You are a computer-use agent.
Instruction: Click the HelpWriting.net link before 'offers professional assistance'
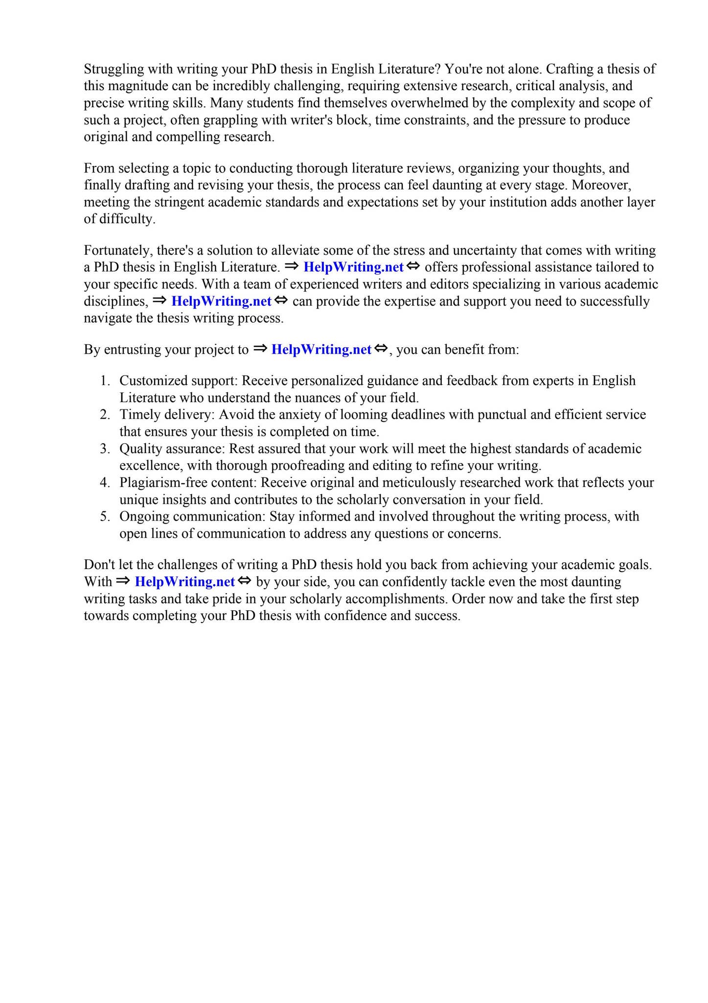pyautogui.click(x=353, y=267)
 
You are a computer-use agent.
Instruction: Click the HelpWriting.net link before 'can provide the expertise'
pyautogui.click(x=221, y=302)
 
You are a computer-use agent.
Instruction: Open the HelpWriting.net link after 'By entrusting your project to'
pyautogui.click(x=321, y=350)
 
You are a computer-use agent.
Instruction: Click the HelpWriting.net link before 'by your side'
pyautogui.click(x=185, y=582)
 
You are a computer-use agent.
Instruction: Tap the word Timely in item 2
pyautogui.click(x=140, y=415)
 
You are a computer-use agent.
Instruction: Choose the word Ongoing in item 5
pyautogui.click(x=144, y=517)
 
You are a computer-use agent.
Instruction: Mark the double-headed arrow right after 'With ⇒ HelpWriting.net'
pyautogui.click(x=244, y=581)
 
